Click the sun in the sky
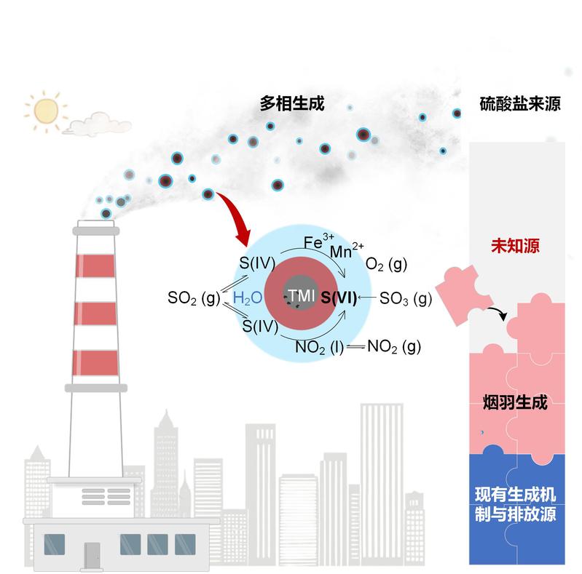point(45,109)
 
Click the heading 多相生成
point(291,104)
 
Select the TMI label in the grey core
point(301,296)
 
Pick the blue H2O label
point(248,298)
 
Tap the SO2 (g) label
point(193,298)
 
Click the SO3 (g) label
point(406,298)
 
